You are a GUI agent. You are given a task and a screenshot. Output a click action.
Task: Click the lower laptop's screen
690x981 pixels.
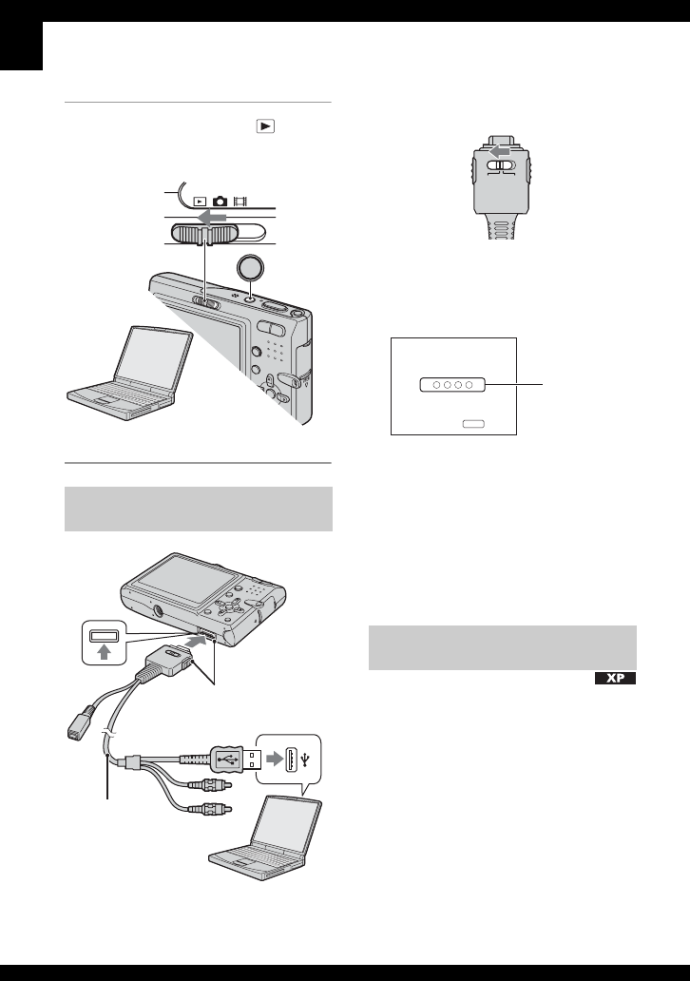(278, 817)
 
